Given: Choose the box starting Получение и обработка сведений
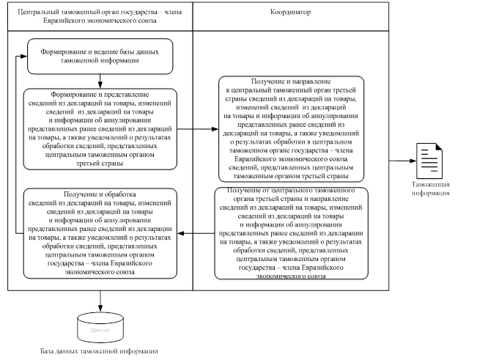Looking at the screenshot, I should coord(100,233).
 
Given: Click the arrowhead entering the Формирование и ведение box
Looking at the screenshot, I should coord(23,56).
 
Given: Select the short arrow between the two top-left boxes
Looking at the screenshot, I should coord(100,81).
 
